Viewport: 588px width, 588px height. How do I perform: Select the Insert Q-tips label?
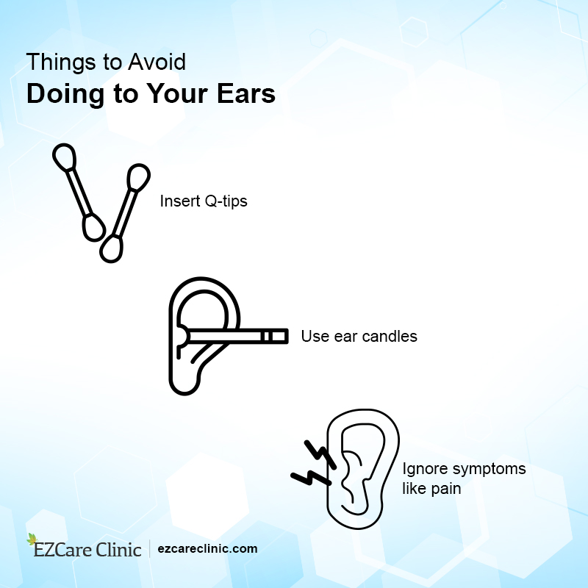204,200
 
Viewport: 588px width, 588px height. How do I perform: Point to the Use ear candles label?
359,337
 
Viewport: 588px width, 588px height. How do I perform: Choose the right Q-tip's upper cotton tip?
137,177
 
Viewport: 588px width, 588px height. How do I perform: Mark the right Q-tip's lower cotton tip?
112,248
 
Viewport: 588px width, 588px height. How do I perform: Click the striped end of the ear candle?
273,337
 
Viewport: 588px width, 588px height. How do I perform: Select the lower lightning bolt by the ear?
309,476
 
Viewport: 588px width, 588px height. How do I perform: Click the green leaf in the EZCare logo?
32,539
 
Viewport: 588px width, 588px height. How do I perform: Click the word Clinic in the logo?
118,549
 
